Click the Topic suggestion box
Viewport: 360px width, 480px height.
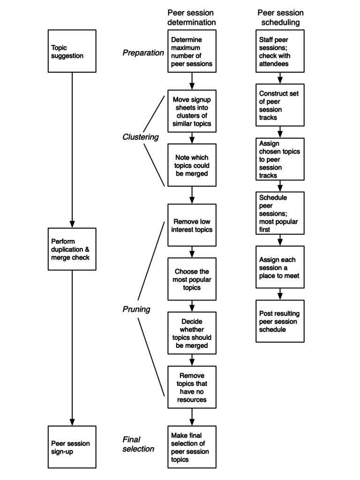(x=72, y=51)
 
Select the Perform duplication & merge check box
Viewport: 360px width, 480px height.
(x=72, y=249)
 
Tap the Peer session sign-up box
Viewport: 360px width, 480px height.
(x=72, y=447)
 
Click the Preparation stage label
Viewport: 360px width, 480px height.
(x=143, y=53)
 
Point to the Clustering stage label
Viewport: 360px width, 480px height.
(x=141, y=137)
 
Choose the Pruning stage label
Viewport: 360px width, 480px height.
(x=136, y=309)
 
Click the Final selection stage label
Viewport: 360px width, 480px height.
(x=138, y=444)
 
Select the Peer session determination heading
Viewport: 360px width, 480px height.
(x=191, y=17)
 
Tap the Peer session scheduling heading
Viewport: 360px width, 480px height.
(x=280, y=17)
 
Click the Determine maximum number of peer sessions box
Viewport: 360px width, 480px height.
(x=192, y=51)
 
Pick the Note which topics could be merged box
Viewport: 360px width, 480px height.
(x=192, y=165)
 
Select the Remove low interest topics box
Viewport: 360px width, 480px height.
(x=192, y=225)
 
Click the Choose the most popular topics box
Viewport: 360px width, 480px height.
(x=192, y=279)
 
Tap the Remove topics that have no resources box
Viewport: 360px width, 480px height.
(x=192, y=387)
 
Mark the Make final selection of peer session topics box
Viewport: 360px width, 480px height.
(x=192, y=447)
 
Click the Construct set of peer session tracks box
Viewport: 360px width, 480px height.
(x=280, y=105)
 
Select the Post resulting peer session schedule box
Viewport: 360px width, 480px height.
(x=280, y=321)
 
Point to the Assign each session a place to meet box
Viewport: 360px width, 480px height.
(x=280, y=267)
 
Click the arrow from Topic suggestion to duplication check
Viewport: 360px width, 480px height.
(x=72, y=150)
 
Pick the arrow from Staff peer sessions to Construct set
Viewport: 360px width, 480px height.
(x=280, y=78)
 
